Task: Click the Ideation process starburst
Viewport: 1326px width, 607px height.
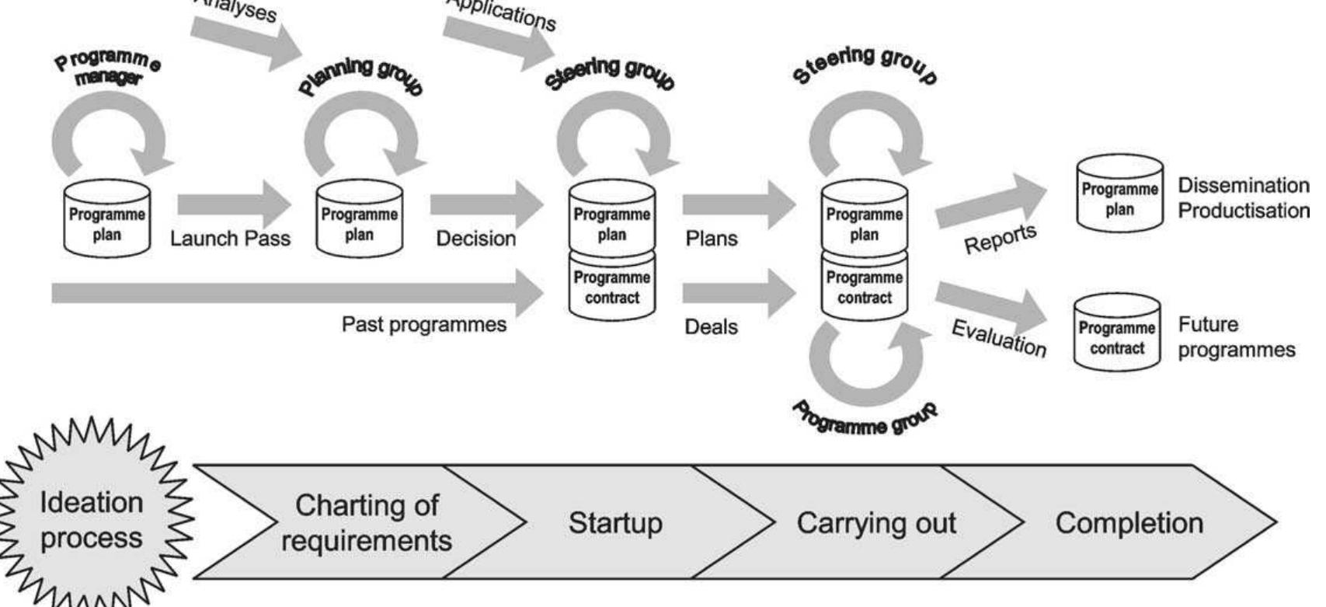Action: click(92, 520)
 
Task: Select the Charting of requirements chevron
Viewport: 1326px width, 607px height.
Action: click(365, 522)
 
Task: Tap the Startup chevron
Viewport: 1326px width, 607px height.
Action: click(615, 522)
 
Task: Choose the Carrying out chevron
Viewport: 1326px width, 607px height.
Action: click(875, 522)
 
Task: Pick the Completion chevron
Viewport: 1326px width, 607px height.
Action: click(1128, 522)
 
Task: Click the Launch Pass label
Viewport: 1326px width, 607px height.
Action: click(230, 239)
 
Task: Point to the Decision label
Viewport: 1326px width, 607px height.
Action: click(475, 239)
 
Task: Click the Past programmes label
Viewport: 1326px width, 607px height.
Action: click(424, 324)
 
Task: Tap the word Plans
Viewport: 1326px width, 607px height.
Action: click(711, 239)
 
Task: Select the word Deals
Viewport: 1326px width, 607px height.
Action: click(711, 327)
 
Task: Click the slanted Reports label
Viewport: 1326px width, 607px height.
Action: click(1000, 239)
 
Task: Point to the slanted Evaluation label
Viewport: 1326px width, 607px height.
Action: click(999, 339)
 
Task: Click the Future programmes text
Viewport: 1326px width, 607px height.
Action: click(1235, 337)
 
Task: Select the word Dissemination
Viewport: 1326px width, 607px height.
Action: click(1243, 186)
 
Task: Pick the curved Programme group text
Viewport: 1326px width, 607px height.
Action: click(865, 420)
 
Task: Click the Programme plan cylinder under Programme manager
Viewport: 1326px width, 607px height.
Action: click(106, 219)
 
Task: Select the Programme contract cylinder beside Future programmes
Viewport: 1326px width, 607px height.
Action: click(1116, 333)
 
